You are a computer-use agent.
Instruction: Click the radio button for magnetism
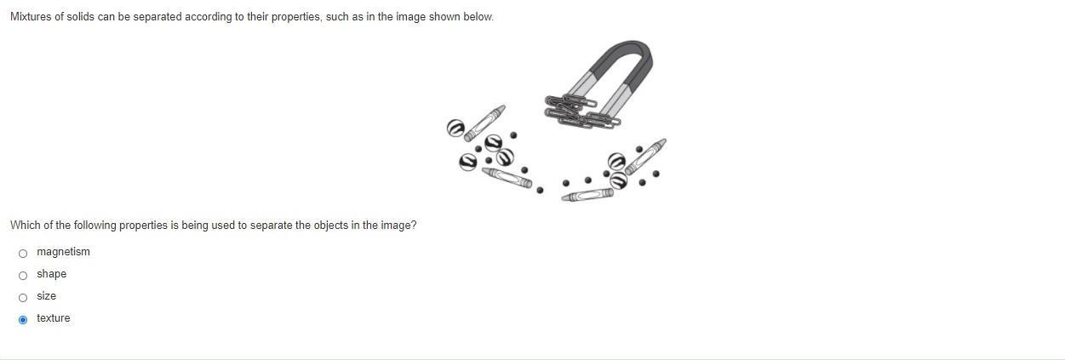tap(23, 254)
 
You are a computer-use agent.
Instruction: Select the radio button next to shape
tap(23, 276)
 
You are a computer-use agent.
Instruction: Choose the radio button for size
tap(23, 298)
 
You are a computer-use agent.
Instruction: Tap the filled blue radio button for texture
tap(23, 320)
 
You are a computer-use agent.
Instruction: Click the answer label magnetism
tap(63, 252)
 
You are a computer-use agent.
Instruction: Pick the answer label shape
tap(52, 274)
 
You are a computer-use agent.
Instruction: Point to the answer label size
tap(47, 296)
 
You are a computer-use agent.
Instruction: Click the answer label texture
tap(54, 318)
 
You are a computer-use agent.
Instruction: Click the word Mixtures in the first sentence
tap(31, 17)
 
